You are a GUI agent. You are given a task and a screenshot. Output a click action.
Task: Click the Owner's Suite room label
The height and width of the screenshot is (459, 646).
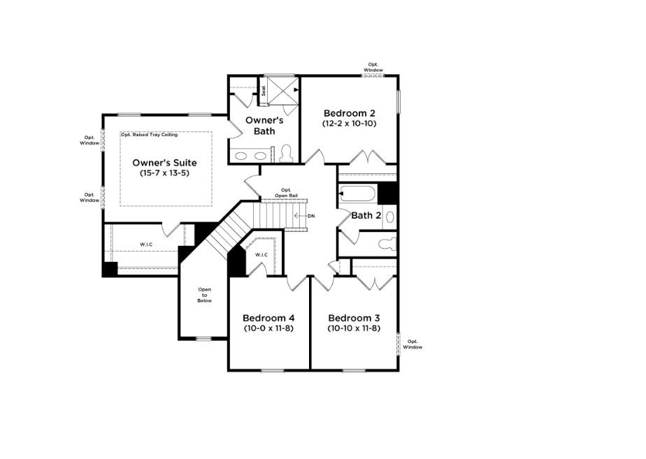point(165,162)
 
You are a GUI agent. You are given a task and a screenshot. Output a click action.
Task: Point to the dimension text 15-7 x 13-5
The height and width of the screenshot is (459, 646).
point(165,173)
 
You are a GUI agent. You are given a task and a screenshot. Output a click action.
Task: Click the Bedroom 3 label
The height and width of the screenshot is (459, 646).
point(354,317)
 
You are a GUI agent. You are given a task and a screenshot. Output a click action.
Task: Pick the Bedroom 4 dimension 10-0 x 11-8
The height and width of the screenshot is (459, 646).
point(268,328)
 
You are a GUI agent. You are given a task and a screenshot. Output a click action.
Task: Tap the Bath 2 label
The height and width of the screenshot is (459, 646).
point(366,216)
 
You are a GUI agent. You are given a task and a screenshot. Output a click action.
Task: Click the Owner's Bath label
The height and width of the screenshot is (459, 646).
point(260,126)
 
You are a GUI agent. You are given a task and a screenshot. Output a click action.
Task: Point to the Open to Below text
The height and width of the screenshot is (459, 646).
point(204,295)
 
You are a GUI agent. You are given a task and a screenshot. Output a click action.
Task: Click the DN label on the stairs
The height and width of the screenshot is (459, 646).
point(311,216)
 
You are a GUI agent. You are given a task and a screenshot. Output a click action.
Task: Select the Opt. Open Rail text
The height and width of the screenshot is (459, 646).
point(285,193)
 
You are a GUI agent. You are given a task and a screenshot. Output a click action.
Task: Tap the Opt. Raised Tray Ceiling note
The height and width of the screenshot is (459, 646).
point(149,134)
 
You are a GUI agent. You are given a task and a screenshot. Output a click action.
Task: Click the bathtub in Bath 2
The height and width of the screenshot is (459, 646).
point(357,194)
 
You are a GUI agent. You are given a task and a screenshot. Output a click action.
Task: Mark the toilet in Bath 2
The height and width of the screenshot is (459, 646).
point(387,244)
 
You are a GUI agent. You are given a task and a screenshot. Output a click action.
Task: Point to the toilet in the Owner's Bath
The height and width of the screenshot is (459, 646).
point(285,153)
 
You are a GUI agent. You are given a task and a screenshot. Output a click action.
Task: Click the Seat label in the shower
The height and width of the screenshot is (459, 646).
point(264,91)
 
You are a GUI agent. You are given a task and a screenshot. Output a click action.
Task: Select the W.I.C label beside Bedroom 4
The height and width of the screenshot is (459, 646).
point(261,255)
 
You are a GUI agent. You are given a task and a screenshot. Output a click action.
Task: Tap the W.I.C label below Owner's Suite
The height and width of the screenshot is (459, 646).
point(146,245)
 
